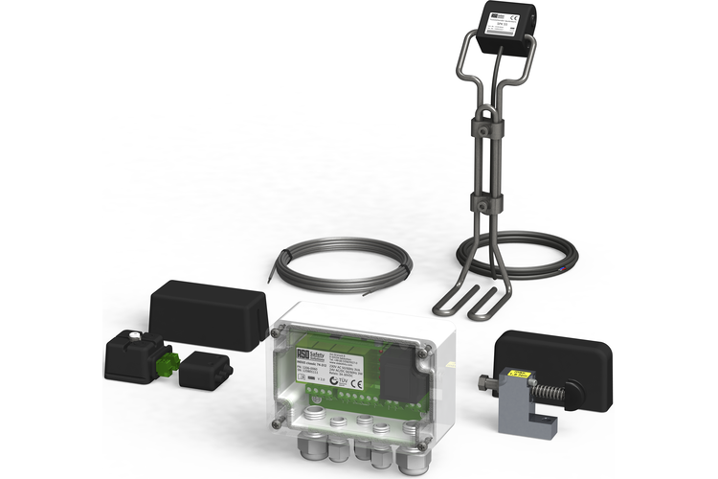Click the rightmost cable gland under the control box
[x=411, y=459]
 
